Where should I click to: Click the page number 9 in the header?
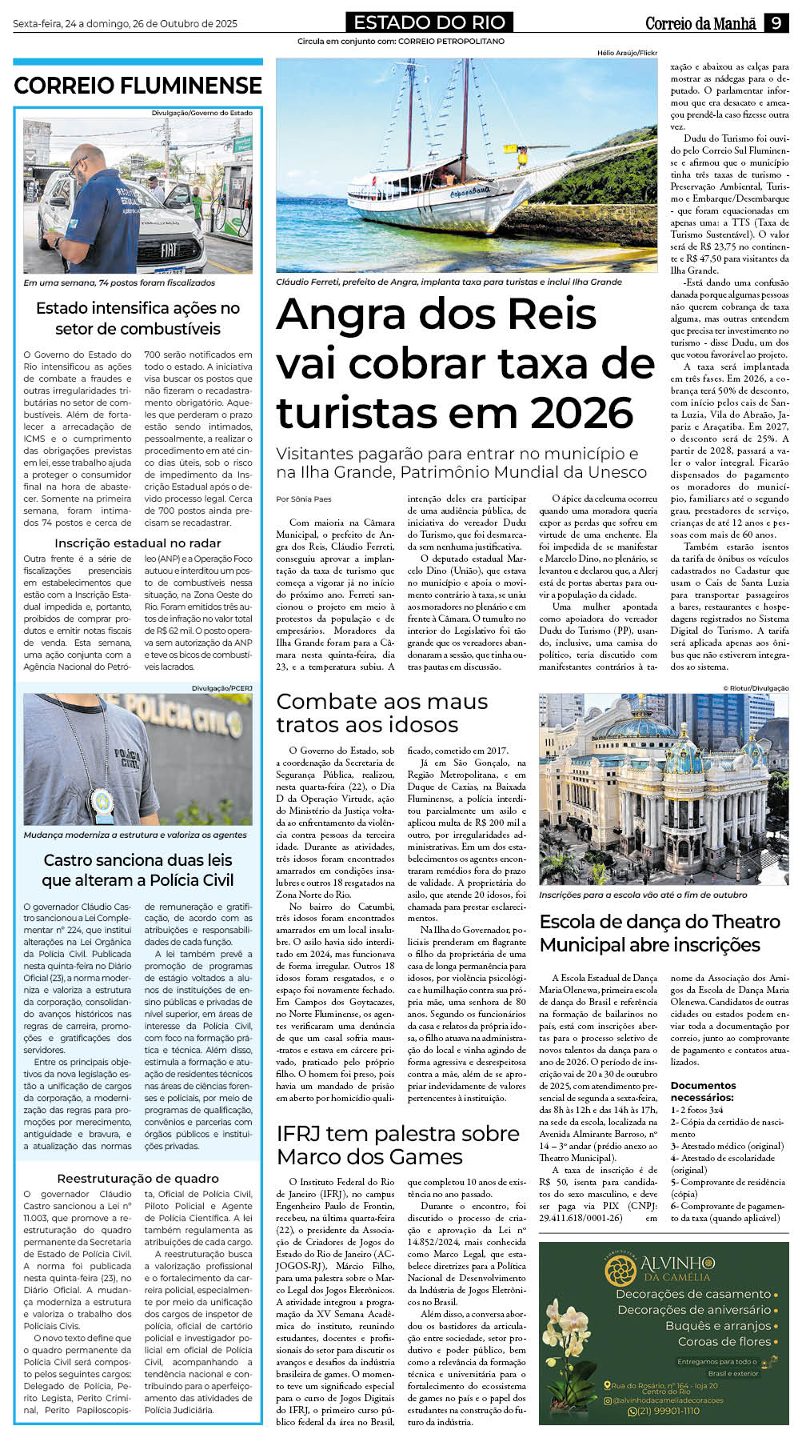(x=776, y=23)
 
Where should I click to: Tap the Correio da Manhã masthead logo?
(x=700, y=23)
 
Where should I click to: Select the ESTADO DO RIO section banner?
(x=429, y=22)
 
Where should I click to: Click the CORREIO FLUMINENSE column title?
(x=138, y=85)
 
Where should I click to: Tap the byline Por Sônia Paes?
(x=303, y=499)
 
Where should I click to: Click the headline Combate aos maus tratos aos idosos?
(x=381, y=713)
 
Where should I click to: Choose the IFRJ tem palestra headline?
(x=397, y=1145)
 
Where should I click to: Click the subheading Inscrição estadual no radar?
(x=138, y=543)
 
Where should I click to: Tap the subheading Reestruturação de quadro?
(x=138, y=1178)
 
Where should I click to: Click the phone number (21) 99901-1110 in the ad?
(x=663, y=1411)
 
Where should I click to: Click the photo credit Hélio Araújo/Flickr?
(x=627, y=53)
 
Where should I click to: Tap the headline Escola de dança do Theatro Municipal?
(x=660, y=933)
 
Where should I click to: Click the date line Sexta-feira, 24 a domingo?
(x=125, y=23)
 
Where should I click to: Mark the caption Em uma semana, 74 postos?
(x=118, y=282)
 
